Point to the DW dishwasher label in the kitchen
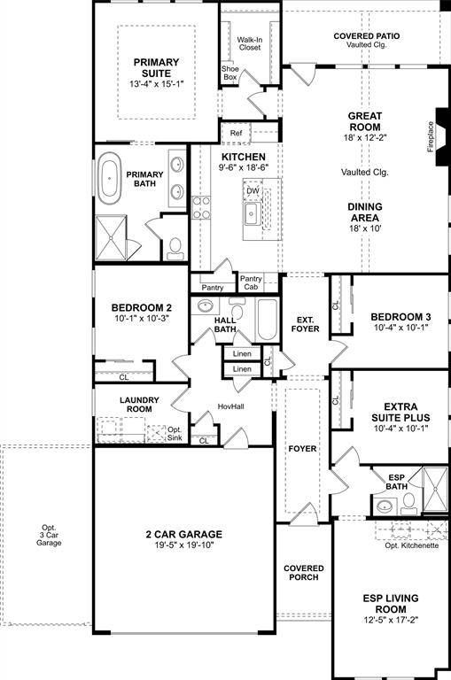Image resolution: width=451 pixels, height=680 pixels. coord(253,190)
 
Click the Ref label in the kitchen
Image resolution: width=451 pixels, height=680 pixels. coord(236,134)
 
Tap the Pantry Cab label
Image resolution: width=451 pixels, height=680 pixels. coord(252,282)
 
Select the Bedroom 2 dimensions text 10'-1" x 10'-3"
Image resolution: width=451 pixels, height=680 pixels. coord(140,318)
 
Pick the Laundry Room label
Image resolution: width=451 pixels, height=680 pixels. coord(139,405)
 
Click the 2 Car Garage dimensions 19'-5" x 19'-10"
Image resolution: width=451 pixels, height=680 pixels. coord(184,545)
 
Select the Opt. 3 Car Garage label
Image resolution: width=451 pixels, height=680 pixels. coord(49,535)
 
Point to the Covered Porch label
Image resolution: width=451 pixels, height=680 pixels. coord(303,573)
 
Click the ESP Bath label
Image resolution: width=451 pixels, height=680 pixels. coord(396,481)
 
